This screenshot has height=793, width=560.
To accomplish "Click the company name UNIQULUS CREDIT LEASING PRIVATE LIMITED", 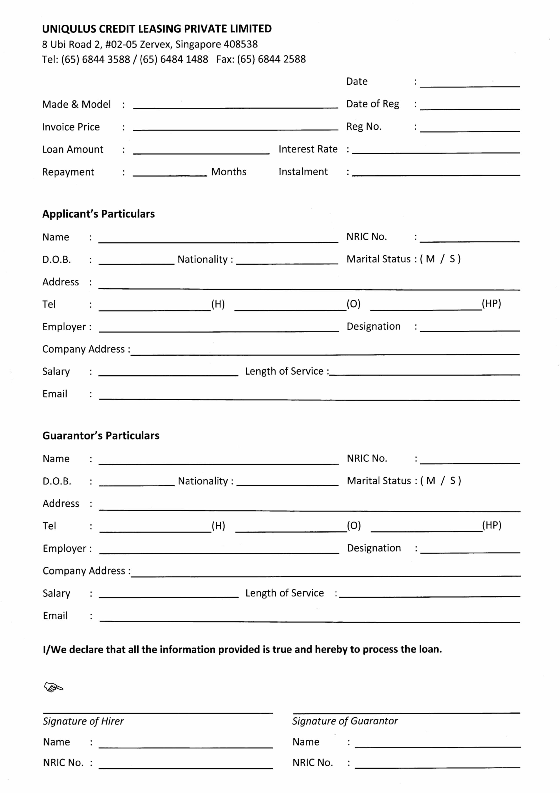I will [157, 29].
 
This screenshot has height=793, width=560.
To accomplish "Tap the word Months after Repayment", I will [229, 172].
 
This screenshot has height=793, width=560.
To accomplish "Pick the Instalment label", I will [303, 172].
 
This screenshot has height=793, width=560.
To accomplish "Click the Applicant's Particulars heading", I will [98, 214].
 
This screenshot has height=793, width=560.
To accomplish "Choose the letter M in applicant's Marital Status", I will [430, 259].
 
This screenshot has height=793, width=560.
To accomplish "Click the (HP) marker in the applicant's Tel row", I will [491, 304].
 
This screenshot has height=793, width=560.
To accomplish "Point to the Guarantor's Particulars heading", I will [101, 436].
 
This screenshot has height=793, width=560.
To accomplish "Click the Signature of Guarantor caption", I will [345, 721].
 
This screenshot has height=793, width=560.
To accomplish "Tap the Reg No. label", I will [364, 127].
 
